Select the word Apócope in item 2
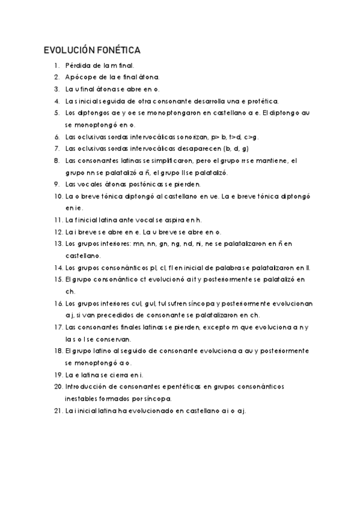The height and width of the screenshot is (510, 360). click(80, 77)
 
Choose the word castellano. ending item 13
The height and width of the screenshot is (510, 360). click(84, 256)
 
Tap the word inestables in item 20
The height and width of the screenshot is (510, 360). click(82, 399)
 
